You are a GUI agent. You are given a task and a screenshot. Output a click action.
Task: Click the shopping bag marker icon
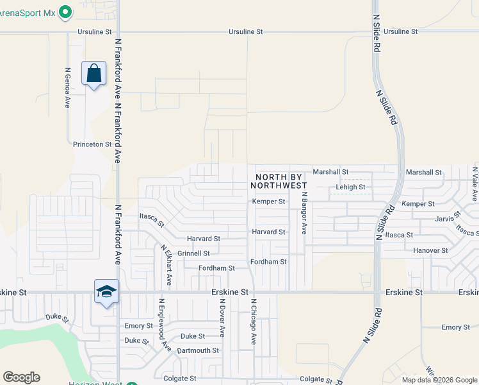point(93,74)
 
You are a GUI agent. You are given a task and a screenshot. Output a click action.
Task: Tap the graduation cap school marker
point(106,292)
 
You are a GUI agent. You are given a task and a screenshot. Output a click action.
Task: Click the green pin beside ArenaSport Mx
point(65,12)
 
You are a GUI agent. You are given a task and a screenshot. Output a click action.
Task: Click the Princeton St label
point(92,144)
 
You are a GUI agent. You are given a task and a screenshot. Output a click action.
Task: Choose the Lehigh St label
point(350,187)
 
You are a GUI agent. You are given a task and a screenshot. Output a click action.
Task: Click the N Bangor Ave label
point(305,213)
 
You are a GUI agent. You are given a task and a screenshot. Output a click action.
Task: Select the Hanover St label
point(430,250)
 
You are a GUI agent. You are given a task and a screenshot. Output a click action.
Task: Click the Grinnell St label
point(193,253)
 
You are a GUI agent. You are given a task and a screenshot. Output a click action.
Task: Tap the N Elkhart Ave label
point(166,264)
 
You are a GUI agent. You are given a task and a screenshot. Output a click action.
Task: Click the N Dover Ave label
point(222,317)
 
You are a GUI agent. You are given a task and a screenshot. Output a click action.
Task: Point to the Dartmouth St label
point(198,351)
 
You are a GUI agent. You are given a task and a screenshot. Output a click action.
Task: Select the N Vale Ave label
point(475,183)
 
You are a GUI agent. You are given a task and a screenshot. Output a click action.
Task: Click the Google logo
point(21,377)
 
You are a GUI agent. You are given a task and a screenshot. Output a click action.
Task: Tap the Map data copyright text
point(440,380)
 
